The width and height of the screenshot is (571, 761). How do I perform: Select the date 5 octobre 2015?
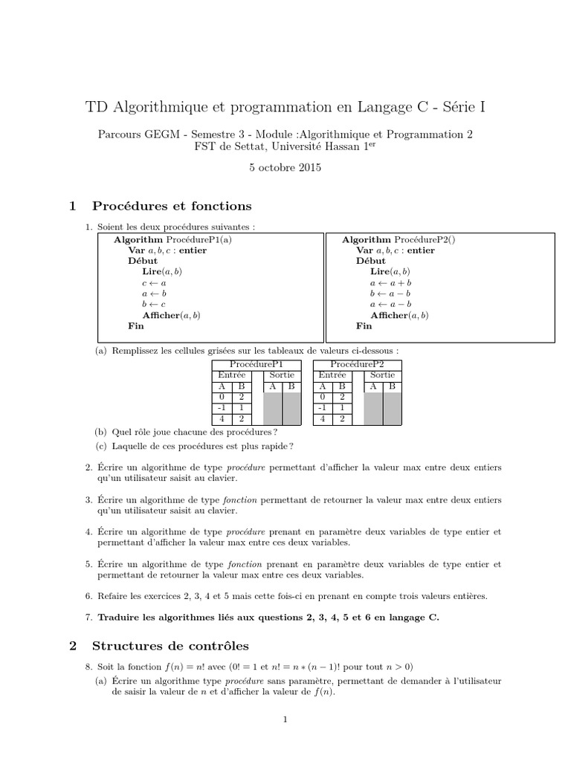click(x=285, y=168)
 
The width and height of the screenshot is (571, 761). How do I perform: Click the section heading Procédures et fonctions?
click(x=171, y=206)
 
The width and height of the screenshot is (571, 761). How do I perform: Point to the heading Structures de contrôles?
click(x=170, y=646)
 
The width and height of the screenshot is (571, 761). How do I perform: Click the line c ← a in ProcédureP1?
click(x=155, y=283)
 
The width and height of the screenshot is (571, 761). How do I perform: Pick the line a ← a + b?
click(x=390, y=283)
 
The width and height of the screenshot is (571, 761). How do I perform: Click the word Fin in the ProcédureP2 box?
click(x=364, y=326)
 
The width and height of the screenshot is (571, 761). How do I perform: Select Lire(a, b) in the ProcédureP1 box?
click(x=162, y=272)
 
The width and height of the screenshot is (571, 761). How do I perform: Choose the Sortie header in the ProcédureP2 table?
click(x=381, y=375)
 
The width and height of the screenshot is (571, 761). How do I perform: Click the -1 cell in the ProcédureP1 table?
click(x=222, y=408)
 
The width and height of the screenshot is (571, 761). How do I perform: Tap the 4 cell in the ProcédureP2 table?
click(x=323, y=419)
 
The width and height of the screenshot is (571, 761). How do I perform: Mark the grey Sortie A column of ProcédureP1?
click(x=273, y=408)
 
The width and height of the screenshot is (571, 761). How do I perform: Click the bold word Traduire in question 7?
click(x=119, y=618)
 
